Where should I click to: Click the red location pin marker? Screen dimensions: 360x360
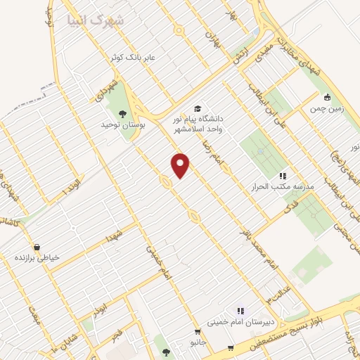pyautogui.click(x=181, y=165)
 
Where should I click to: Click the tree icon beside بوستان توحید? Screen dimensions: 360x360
pyautogui.click(x=123, y=113)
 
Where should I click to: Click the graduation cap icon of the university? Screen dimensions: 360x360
pyautogui.click(x=198, y=108)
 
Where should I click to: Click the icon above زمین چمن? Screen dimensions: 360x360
pyautogui.click(x=327, y=98)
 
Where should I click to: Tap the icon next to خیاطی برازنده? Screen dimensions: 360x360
pyautogui.click(x=21, y=258)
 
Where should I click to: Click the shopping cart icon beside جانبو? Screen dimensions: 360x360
pyautogui.click(x=194, y=333)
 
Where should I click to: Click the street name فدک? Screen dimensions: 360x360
pyautogui.click(x=290, y=206)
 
